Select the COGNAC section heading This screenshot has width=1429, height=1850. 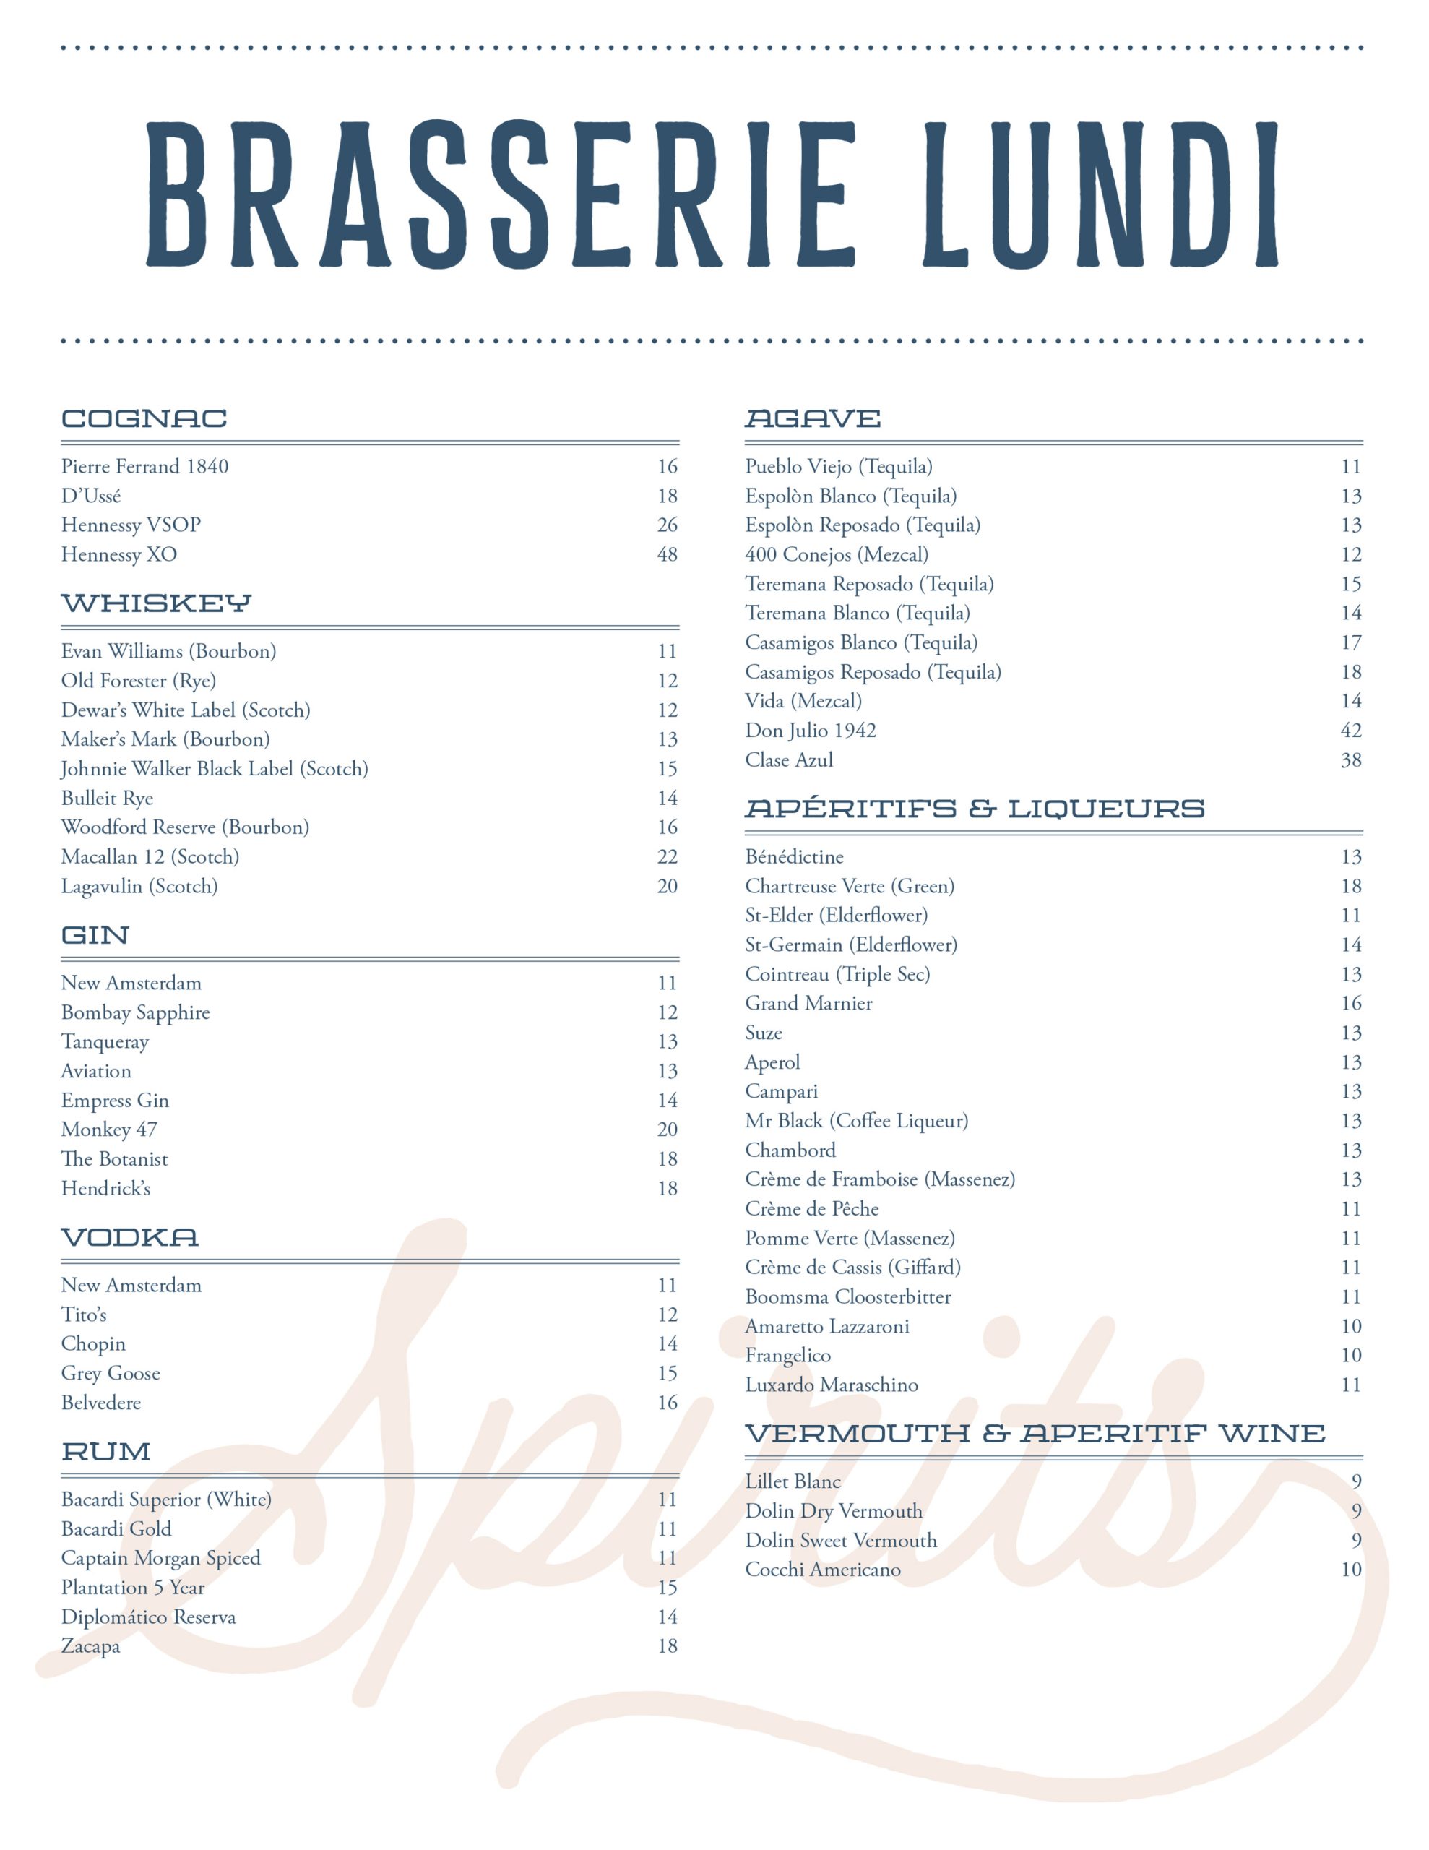click(x=144, y=418)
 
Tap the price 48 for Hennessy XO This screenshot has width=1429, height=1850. click(x=667, y=555)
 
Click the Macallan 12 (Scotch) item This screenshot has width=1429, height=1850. click(x=150, y=856)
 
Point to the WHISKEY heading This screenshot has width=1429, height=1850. click(x=156, y=603)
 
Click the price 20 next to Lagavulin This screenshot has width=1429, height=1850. click(x=667, y=886)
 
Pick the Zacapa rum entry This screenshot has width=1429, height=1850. click(x=90, y=1646)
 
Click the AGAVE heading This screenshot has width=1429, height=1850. click(x=812, y=418)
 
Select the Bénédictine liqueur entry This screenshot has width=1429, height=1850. click(x=794, y=856)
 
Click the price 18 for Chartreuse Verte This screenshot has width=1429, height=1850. click(x=1350, y=886)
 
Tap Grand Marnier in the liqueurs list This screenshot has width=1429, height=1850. click(x=808, y=1003)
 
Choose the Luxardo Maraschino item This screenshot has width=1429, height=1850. click(x=831, y=1384)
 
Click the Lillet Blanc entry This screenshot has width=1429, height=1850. click(x=793, y=1481)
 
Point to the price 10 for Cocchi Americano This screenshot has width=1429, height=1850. click(x=1350, y=1569)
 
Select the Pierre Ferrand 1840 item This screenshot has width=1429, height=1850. click(x=144, y=466)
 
